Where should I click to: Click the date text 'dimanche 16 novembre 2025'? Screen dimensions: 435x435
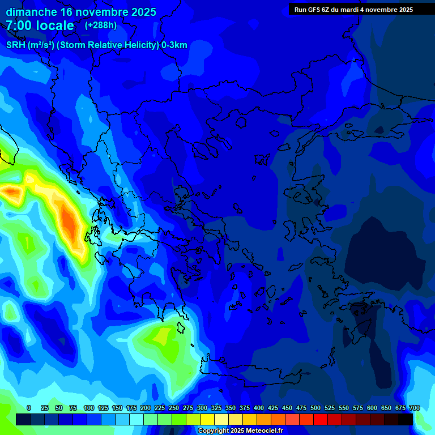tap(81, 12)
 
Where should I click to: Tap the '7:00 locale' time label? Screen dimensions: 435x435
tap(40, 25)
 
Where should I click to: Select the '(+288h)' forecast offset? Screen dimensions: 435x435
tap(101, 25)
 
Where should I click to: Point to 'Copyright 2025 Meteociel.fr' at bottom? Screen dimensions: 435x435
tap(240, 431)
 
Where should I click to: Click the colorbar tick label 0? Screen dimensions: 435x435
tap(29, 408)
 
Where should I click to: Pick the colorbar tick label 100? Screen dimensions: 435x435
tap(89, 408)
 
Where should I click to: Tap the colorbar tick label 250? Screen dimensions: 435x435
tap(174, 408)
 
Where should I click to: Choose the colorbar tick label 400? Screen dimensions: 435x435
tap(259, 408)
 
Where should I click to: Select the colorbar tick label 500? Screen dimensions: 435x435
tap(315, 408)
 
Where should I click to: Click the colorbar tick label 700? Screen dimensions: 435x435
tap(415, 408)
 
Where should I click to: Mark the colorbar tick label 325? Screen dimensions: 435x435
tap(216, 408)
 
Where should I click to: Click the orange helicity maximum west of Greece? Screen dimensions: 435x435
tap(69, 223)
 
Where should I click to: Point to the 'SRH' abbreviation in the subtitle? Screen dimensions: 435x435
tap(15, 45)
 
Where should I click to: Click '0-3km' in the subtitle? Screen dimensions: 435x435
tap(174, 45)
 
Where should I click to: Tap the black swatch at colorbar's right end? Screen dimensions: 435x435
tap(406, 419)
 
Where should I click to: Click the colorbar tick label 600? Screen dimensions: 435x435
tap(372, 408)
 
